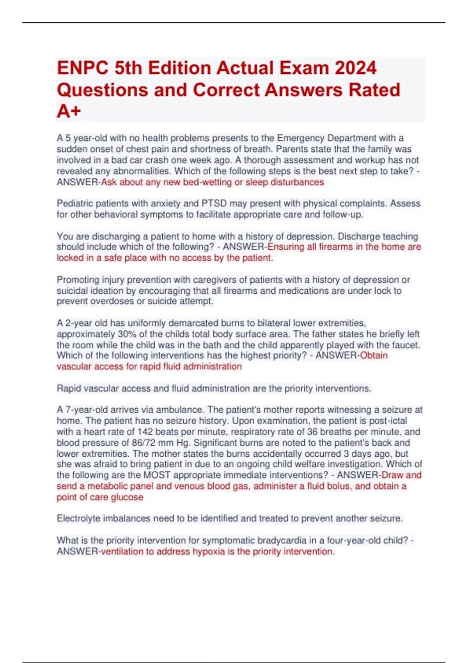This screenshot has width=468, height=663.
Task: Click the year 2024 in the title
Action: [355, 68]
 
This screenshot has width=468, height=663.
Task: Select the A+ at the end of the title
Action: [69, 111]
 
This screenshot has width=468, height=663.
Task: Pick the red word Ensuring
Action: [285, 247]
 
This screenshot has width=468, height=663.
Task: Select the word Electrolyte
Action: [79, 519]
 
